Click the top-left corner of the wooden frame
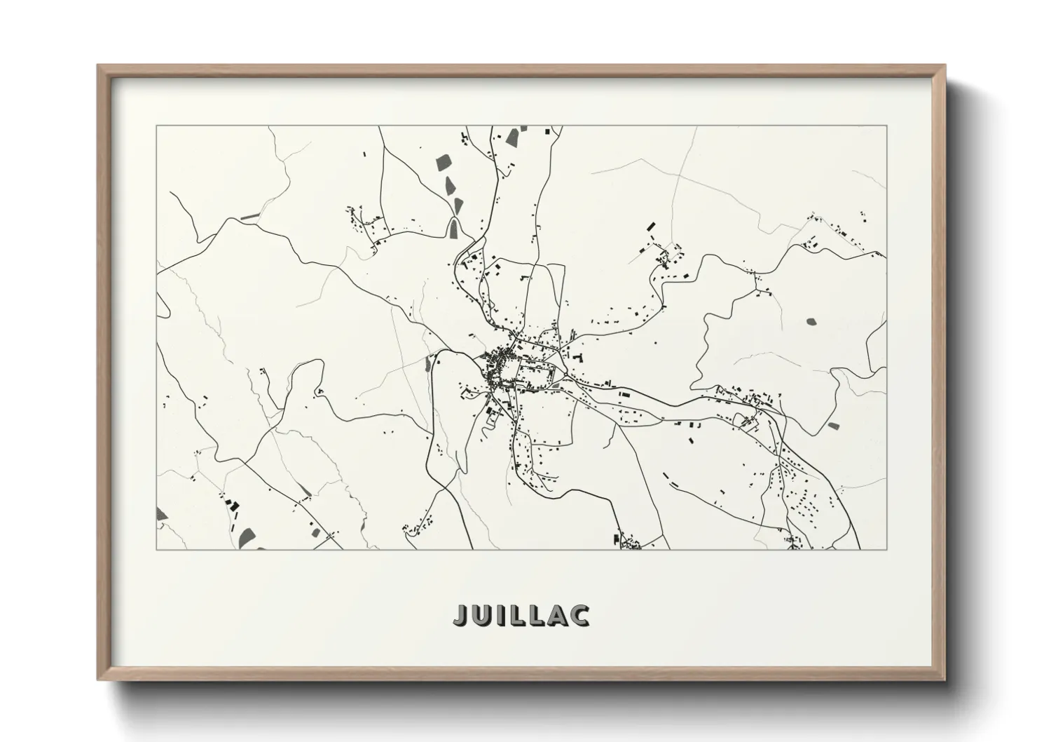[98, 65]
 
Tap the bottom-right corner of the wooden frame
[945, 680]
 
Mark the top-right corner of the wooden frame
[945, 65]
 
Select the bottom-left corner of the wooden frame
[98, 680]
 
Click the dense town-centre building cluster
[499, 366]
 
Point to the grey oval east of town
[811, 321]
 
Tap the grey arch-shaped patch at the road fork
[455, 226]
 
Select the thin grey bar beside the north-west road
[250, 217]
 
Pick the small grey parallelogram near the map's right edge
[832, 425]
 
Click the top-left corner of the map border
[156, 126]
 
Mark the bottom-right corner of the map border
[887, 549]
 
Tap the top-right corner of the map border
[887, 126]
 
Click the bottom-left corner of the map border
[156, 549]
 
